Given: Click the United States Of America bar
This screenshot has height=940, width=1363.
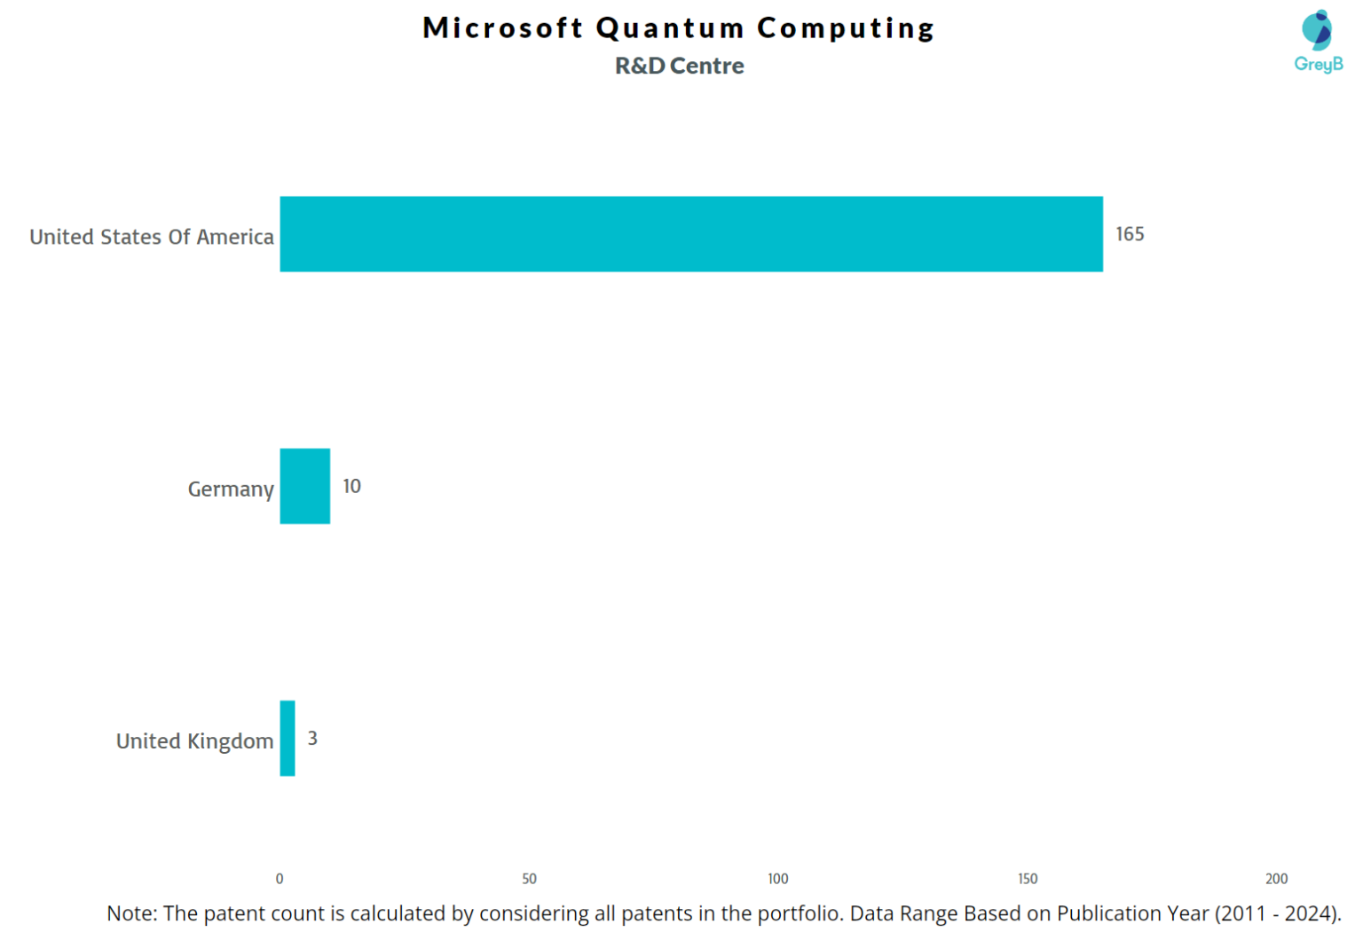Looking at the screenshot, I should (x=690, y=234).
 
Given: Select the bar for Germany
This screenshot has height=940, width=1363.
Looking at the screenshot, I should (x=304, y=486).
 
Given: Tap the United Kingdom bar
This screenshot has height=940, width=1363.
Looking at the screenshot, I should (x=287, y=738).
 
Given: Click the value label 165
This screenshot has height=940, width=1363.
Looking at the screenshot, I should (x=1129, y=234).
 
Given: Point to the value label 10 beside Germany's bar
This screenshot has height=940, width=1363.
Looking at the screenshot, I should (x=351, y=486).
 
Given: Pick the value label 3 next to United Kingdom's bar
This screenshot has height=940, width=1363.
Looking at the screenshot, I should (x=312, y=738).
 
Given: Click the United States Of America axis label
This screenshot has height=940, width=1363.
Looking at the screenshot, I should (x=152, y=237).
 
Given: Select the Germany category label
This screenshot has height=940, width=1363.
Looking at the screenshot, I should (x=231, y=489).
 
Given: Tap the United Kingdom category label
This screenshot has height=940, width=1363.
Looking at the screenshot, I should (x=194, y=740).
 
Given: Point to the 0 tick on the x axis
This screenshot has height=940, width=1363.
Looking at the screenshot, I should (x=280, y=878).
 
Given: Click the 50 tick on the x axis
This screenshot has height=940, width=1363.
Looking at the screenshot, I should (x=529, y=878).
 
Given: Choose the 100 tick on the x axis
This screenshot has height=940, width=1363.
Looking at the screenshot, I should (x=777, y=878).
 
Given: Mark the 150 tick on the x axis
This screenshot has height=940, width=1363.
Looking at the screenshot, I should (x=1027, y=878).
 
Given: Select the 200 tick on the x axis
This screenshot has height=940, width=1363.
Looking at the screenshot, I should (x=1276, y=878).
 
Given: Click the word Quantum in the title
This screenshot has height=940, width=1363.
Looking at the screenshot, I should (x=670, y=28).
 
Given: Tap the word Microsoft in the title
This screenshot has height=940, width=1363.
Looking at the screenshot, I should (x=502, y=28).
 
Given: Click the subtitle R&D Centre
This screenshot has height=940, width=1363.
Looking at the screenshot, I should (x=679, y=66).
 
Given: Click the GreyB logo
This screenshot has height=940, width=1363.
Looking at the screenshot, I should (x=1317, y=41).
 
